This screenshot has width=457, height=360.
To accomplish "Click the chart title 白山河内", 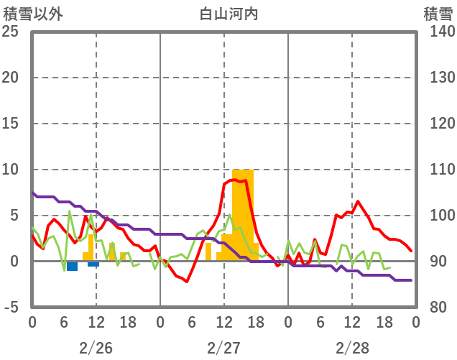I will click(x=228, y=13).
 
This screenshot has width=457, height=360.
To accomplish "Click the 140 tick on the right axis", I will click(x=438, y=32).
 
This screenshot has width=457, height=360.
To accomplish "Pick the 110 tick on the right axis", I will click(x=438, y=170).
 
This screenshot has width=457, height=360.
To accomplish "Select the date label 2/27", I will click(x=223, y=348).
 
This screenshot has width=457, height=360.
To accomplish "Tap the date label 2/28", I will click(x=351, y=348).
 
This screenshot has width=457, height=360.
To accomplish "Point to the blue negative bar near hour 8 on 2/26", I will click(x=72, y=266).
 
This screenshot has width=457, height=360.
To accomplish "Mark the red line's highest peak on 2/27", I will click(x=235, y=179).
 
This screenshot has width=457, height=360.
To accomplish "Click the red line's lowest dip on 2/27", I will click(x=187, y=281).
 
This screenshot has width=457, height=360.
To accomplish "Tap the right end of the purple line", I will click(x=410, y=280).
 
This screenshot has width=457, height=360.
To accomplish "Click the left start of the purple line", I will click(x=32, y=193).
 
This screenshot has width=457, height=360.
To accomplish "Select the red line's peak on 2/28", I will click(x=358, y=201).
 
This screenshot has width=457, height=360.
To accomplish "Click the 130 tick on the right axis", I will click(x=438, y=78).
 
